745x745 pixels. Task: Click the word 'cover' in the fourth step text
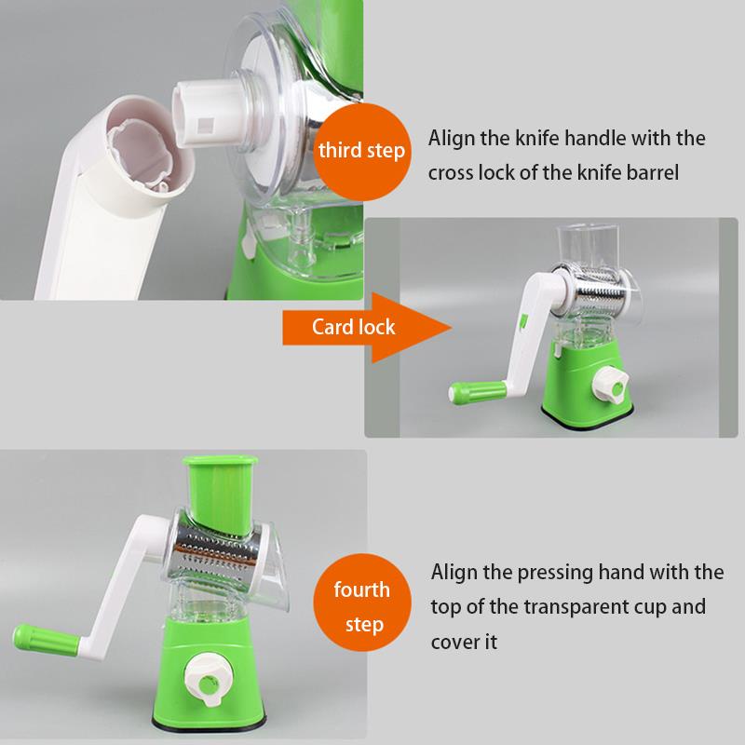[454, 643]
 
